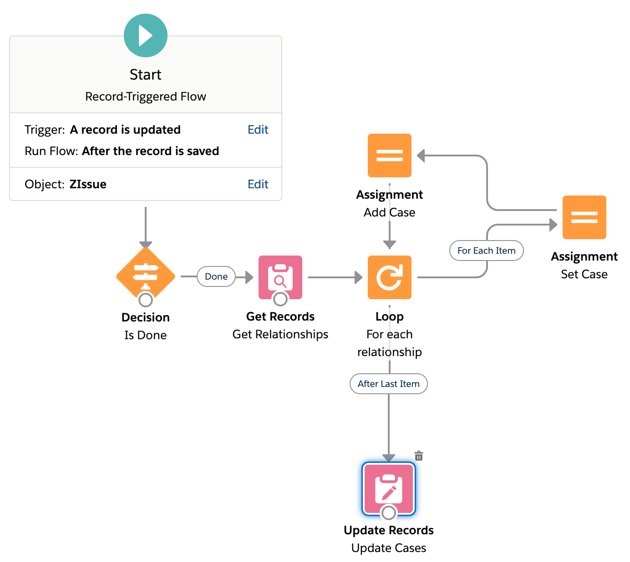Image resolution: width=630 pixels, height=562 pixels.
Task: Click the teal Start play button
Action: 146,35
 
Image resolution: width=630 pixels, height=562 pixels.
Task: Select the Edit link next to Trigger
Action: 258,130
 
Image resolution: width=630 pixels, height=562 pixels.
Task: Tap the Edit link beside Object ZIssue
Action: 258,184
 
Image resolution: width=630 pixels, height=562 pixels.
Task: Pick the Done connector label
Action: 216,276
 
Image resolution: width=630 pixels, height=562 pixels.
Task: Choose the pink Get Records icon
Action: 280,277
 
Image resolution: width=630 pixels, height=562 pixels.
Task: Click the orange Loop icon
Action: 390,277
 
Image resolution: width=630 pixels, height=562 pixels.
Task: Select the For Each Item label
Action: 486,251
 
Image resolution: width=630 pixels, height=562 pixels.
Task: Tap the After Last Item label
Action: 388,384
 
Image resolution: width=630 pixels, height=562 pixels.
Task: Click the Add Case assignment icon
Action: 390,156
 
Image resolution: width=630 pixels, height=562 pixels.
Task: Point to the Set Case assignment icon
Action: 584,217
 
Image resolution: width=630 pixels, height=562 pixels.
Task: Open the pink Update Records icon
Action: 389,489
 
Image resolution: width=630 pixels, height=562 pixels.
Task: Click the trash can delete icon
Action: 419,456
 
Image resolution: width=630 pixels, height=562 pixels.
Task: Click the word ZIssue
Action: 88,184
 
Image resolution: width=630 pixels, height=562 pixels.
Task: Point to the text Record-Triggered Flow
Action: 146,96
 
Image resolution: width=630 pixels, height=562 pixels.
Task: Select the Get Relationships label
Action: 280,334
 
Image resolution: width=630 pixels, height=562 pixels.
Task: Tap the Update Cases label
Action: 389,548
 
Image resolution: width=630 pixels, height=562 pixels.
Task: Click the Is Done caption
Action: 146,335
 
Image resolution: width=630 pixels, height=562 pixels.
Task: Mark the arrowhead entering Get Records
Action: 249,277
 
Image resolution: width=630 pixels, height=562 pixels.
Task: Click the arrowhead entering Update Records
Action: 389,457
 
